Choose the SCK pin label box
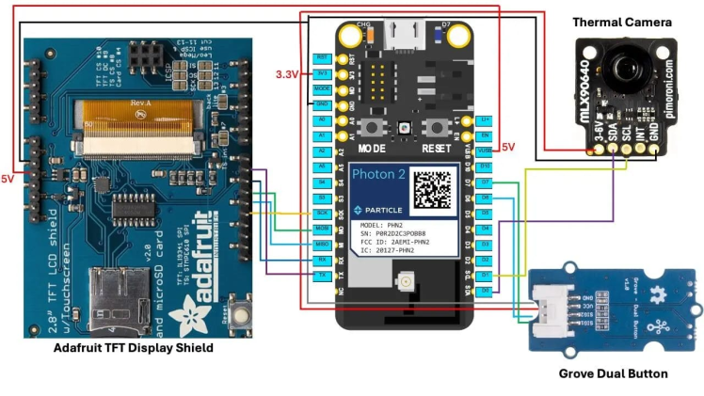click(x=321, y=214)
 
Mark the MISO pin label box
click(x=321, y=244)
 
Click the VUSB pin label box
click(x=485, y=150)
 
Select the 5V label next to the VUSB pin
click(x=506, y=147)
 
